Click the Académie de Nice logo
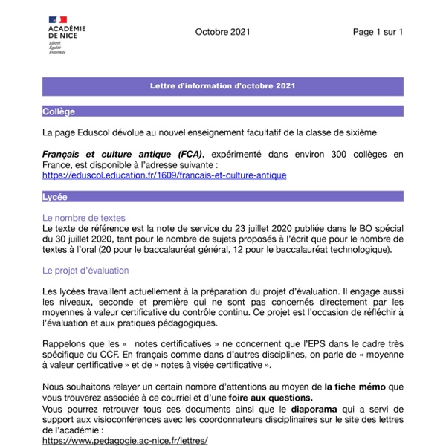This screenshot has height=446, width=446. tap(64, 37)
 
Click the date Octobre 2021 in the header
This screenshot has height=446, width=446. tap(223, 32)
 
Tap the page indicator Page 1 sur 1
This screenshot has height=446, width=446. tap(378, 32)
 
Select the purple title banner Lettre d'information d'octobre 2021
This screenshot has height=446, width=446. tap(223, 86)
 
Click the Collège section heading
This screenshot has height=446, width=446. tap(59, 111)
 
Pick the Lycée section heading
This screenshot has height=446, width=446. tap(56, 197)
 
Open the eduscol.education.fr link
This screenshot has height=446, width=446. tap(164, 175)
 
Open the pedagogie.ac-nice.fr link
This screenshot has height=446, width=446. tap(125, 440)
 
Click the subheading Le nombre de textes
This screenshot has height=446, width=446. tap(83, 218)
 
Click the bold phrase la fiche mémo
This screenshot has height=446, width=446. tap(356, 386)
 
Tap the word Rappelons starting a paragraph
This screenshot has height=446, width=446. tap(68, 344)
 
